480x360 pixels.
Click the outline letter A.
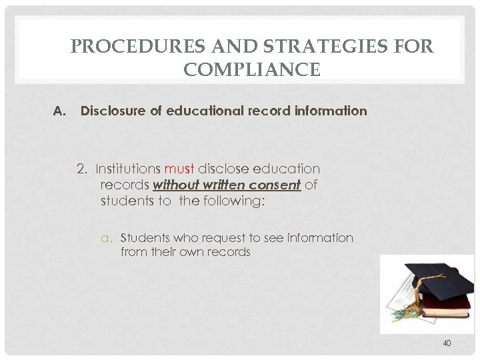click(x=57, y=111)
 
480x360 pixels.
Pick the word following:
click(x=229, y=201)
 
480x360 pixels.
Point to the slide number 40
click(x=446, y=343)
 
